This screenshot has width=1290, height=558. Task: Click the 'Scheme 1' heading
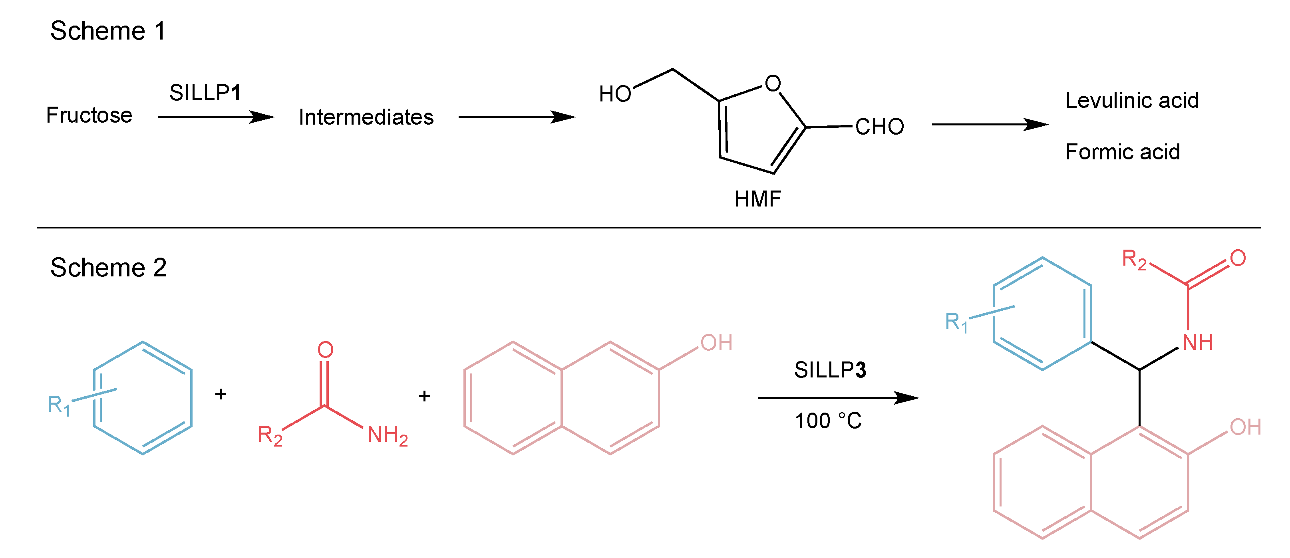click(108, 31)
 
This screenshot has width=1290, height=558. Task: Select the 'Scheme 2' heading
click(108, 268)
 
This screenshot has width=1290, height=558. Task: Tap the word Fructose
click(89, 115)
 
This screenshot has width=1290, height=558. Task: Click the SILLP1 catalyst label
click(205, 93)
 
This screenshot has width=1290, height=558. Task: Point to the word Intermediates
click(366, 117)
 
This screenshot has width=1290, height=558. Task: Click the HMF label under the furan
click(757, 199)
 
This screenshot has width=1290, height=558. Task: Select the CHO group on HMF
click(879, 127)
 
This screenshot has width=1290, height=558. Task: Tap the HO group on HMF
click(615, 94)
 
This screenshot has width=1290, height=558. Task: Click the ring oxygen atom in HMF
click(773, 83)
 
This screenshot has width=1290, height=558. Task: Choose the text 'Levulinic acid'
click(1132, 101)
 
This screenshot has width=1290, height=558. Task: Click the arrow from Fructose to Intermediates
click(215, 117)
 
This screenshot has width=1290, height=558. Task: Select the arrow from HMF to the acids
click(990, 124)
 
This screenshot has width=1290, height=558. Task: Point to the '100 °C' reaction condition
click(828, 421)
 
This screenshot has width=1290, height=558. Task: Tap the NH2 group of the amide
click(387, 435)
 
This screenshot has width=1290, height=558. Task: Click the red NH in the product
click(1197, 343)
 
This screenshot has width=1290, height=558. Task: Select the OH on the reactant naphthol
click(716, 343)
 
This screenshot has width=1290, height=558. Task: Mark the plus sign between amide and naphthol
click(424, 396)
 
